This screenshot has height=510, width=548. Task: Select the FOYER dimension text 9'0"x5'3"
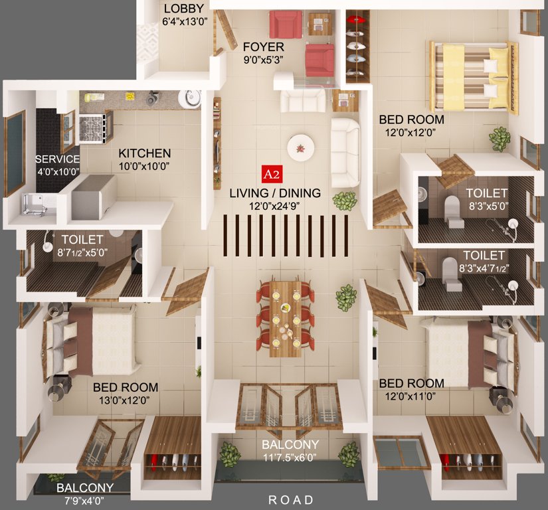pyautogui.click(x=263, y=58)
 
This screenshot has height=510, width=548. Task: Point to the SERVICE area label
pyautogui.click(x=57, y=159)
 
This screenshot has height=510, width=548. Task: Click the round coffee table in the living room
pyautogui.click(x=300, y=147)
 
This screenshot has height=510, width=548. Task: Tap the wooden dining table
pyautogui.click(x=285, y=317)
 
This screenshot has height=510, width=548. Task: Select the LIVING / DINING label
pyautogui.click(x=274, y=193)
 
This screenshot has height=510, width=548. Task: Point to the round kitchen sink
pyautogui.click(x=191, y=98)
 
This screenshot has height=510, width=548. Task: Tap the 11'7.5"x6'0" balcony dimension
pyautogui.click(x=290, y=457)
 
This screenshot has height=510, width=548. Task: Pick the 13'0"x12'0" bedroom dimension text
pyautogui.click(x=126, y=400)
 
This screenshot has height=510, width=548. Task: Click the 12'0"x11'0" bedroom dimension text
pyautogui.click(x=411, y=396)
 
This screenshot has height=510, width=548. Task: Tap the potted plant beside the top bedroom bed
pyautogui.click(x=500, y=139)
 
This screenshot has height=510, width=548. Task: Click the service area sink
pyautogui.click(x=34, y=202)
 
